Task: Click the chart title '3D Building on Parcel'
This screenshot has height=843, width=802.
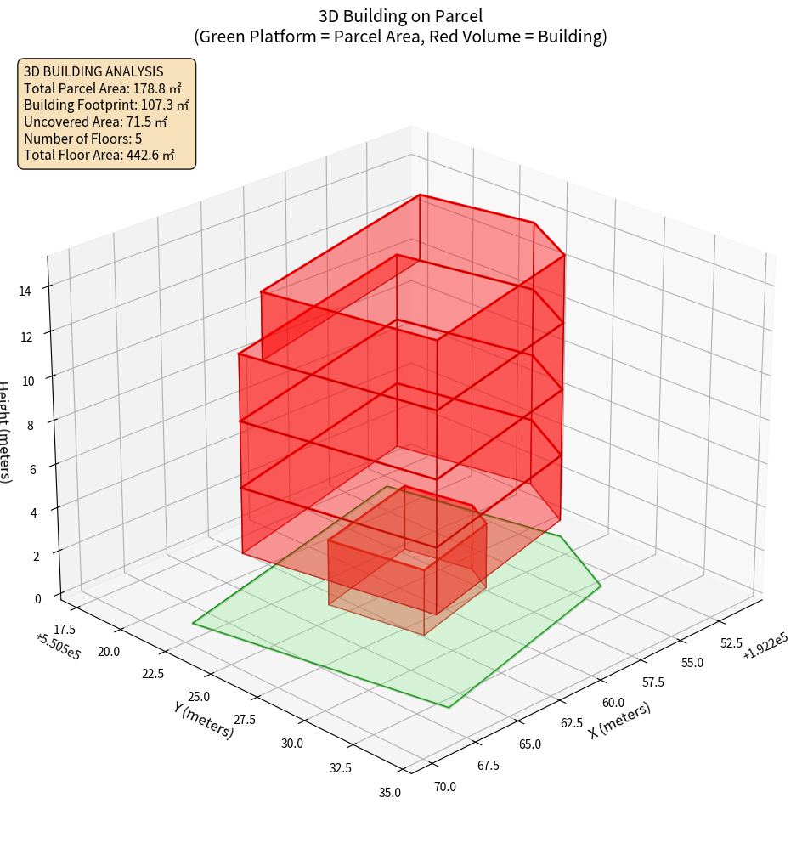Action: click(400, 15)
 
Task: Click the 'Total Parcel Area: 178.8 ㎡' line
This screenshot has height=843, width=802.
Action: click(103, 88)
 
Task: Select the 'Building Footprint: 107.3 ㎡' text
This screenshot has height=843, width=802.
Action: click(106, 105)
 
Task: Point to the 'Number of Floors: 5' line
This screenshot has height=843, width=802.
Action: click(82, 138)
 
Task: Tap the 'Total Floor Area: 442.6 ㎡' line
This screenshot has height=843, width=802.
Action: click(99, 155)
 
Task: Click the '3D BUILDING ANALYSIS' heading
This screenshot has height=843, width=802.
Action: click(93, 71)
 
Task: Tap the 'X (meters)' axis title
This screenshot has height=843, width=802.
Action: click(619, 720)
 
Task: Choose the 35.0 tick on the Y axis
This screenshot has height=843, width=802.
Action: click(389, 793)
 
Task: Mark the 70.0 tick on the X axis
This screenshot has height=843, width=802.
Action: click(445, 786)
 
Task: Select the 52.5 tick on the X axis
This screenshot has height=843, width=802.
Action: click(731, 642)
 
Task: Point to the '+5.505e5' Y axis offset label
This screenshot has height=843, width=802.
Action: click(58, 645)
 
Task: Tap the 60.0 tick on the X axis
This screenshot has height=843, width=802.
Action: click(613, 703)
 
